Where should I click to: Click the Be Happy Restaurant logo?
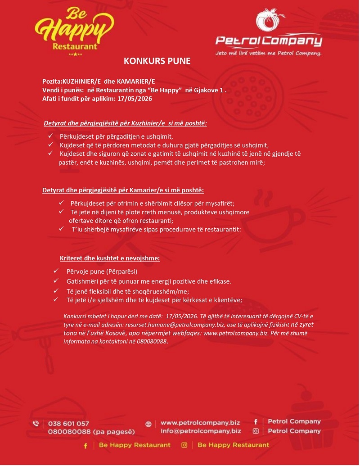74,31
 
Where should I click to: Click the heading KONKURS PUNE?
157,61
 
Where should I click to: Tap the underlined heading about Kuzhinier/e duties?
125,123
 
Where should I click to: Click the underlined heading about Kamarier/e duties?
123,190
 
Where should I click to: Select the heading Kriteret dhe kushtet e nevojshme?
110,258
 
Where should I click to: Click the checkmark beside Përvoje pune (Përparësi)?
56,271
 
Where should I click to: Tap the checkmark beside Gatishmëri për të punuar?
56,281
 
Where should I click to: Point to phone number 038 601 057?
68,423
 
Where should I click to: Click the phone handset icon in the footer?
36,424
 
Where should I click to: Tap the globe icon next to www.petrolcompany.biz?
148,424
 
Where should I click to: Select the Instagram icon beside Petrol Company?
256,431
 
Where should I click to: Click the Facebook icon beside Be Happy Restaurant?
85,445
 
